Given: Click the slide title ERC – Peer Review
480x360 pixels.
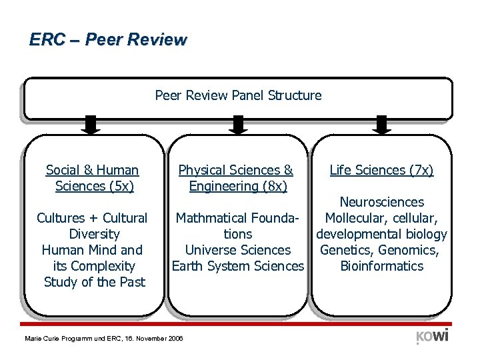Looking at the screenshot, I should (x=108, y=40).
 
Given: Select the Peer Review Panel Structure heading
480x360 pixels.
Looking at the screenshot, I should (x=238, y=95).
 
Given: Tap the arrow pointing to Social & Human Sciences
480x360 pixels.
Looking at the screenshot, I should (x=92, y=125).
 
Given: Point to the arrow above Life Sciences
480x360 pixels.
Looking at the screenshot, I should (x=381, y=125).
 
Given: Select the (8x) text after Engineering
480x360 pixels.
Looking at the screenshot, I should (x=270, y=187).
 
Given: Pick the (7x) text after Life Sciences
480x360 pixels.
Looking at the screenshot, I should (x=417, y=171).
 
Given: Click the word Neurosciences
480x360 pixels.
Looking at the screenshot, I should (x=381, y=202).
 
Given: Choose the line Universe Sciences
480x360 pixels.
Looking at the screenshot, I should (x=238, y=250).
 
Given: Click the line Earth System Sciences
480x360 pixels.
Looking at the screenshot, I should (x=238, y=266).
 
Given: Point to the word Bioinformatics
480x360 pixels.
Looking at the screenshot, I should (x=381, y=266).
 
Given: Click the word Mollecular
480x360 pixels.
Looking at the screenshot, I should (x=354, y=218).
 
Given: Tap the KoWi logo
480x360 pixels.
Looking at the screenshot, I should (x=432, y=335).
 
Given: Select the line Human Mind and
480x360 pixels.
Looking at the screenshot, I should (x=92, y=250).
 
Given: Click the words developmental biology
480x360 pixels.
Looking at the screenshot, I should (x=381, y=234).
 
